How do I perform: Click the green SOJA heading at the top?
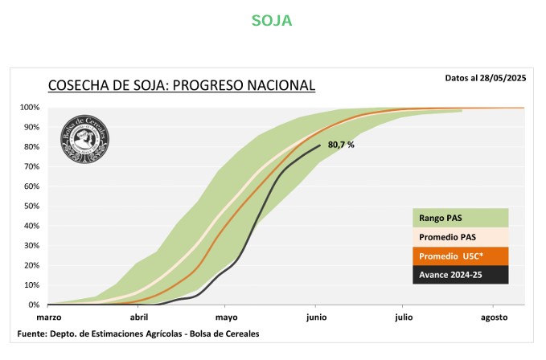272,21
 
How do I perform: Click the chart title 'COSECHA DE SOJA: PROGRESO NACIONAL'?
182,85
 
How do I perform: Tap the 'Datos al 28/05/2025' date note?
485,78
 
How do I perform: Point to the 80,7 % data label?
341,145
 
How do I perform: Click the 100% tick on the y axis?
30,108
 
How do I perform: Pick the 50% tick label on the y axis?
31,207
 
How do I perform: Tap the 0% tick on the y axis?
34,305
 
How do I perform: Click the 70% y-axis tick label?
31,167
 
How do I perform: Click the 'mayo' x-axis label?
226,317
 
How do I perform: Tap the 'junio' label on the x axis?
316,317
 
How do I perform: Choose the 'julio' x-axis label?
404,317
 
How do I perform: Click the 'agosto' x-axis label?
494,317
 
